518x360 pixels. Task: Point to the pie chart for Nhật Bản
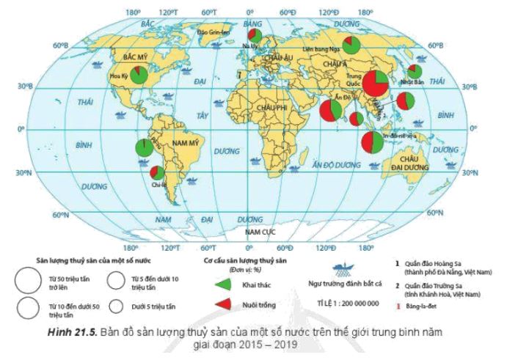click(x=415, y=72)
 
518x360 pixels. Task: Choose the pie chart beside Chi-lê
click(x=157, y=173)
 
